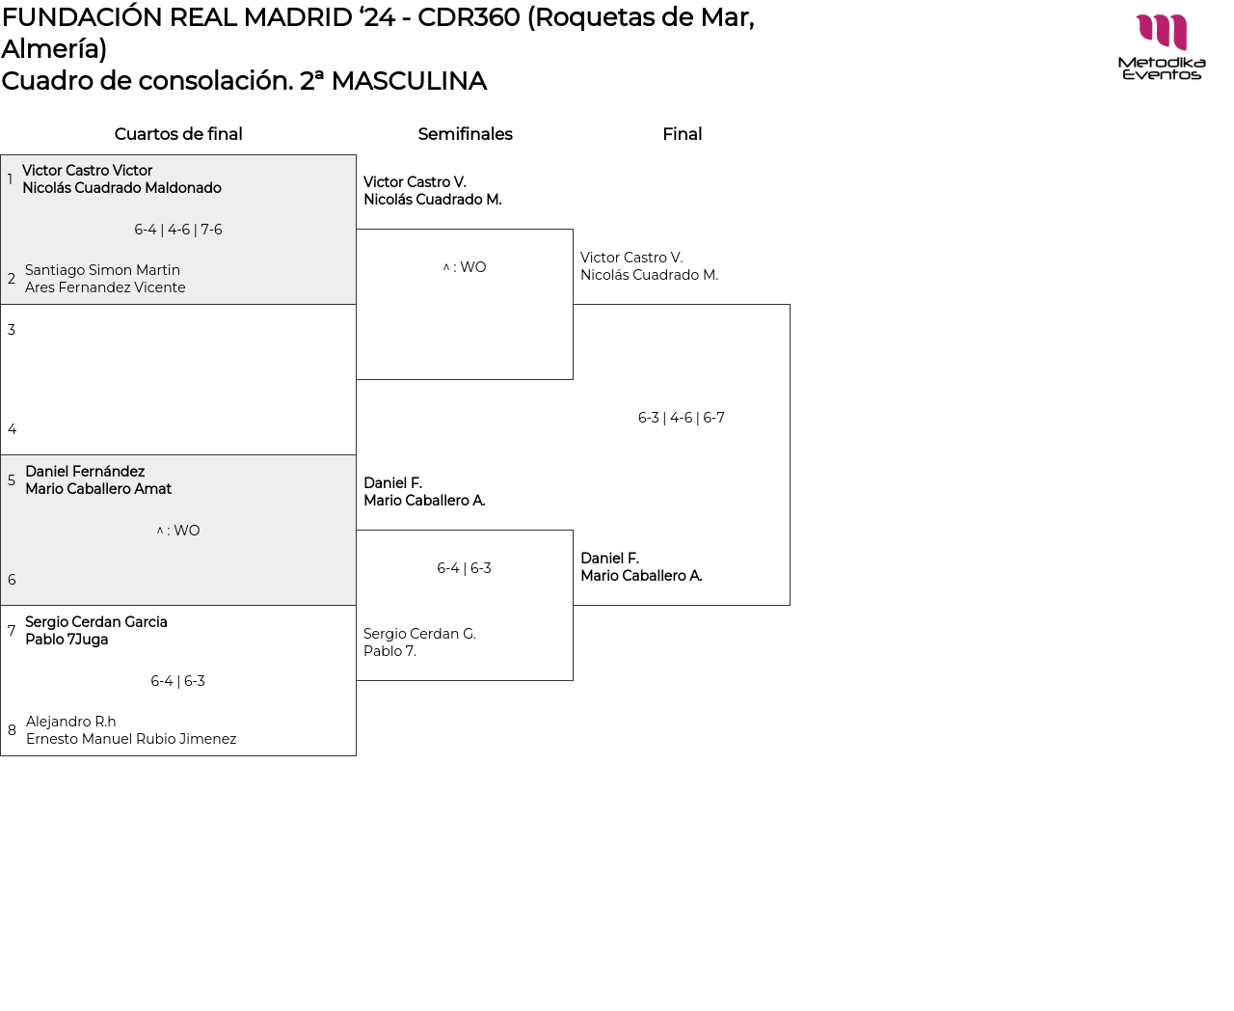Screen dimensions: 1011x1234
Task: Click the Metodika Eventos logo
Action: (x=1161, y=46)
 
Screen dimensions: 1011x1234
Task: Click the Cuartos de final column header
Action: (x=178, y=134)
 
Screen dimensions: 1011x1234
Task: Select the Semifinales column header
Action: (x=465, y=134)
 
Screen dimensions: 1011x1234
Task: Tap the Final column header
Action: (x=682, y=134)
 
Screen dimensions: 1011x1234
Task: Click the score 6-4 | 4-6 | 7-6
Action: (x=178, y=230)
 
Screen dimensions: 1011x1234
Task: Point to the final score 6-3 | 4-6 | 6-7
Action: (x=681, y=418)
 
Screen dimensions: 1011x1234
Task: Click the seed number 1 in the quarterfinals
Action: (x=11, y=179)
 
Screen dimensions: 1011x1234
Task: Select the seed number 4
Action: (x=12, y=429)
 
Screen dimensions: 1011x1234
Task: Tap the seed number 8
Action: (x=12, y=730)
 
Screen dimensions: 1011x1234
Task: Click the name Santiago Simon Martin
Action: (x=102, y=270)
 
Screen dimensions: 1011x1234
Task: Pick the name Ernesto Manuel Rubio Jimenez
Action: (x=131, y=739)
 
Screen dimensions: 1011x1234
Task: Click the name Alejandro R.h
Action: (x=70, y=722)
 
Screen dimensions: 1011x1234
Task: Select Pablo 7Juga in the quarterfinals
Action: (x=67, y=640)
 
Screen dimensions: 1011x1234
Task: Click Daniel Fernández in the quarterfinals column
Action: (x=85, y=472)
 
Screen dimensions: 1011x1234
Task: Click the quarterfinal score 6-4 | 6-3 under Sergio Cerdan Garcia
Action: (x=177, y=681)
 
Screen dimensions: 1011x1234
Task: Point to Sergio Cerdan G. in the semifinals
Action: (x=419, y=634)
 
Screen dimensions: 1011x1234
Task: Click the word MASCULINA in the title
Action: (x=409, y=81)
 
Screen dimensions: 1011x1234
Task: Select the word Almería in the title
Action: (x=50, y=49)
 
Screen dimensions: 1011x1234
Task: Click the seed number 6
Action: (x=12, y=580)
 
